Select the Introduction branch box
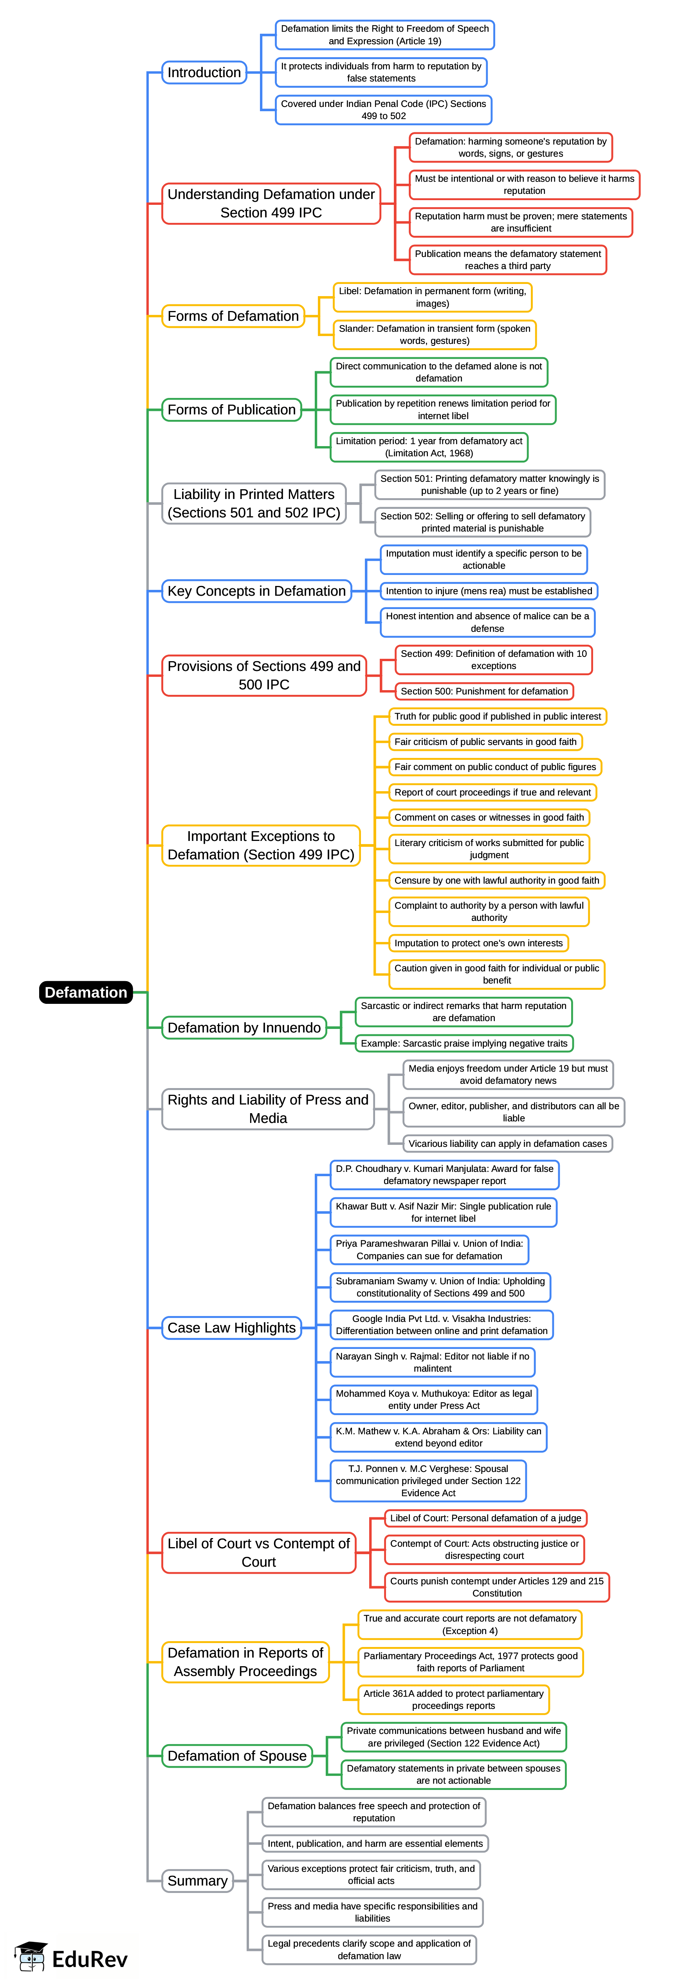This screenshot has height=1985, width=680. pyautogui.click(x=204, y=72)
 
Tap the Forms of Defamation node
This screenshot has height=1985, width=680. pyautogui.click(x=233, y=316)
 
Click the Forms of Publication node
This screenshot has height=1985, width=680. pyautogui.click(x=232, y=409)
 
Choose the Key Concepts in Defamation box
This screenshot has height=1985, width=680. pyautogui.click(x=256, y=591)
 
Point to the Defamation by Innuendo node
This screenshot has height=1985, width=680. pyautogui.click(x=244, y=1027)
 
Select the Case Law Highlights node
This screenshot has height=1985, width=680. pyautogui.click(x=232, y=1328)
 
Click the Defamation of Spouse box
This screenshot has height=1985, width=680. pyautogui.click(x=237, y=1755)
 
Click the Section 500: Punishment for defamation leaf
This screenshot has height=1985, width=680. pyautogui.click(x=484, y=691)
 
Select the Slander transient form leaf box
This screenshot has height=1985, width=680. pyautogui.click(x=434, y=334)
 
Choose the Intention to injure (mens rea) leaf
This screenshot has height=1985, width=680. pyautogui.click(x=489, y=591)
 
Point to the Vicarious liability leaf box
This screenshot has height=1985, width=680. pyautogui.click(x=507, y=1144)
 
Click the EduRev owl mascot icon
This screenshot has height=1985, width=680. pyautogui.click(x=31, y=1957)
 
